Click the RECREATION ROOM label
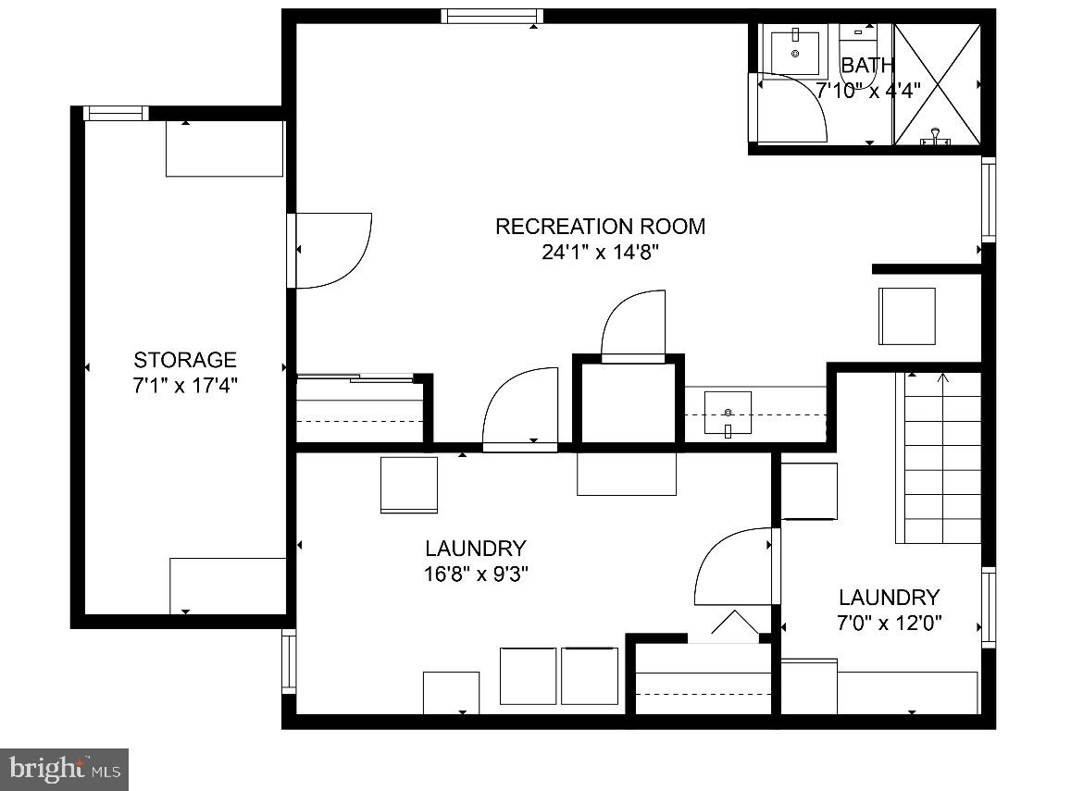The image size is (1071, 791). click(x=600, y=226)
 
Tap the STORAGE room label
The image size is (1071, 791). click(x=185, y=360)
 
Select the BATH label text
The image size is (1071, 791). click(x=867, y=66)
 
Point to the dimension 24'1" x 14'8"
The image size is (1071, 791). click(x=600, y=252)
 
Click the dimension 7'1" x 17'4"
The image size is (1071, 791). click(x=185, y=385)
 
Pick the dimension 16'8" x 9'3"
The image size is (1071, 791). click(x=476, y=574)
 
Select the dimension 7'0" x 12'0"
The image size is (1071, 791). click(x=889, y=623)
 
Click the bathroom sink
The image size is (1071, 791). click(x=795, y=53)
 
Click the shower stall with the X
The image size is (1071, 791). click(x=936, y=84)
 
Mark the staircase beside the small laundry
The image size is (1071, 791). click(x=939, y=458)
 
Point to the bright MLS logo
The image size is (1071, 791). click(x=64, y=768)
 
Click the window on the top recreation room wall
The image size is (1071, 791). click(x=491, y=16)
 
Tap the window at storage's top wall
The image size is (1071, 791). click(x=116, y=113)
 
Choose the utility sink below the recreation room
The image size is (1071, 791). click(x=728, y=413)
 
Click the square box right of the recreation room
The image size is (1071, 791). click(x=906, y=316)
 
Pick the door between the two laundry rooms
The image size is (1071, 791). click(x=734, y=565)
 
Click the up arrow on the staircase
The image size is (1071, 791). click(x=942, y=378)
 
